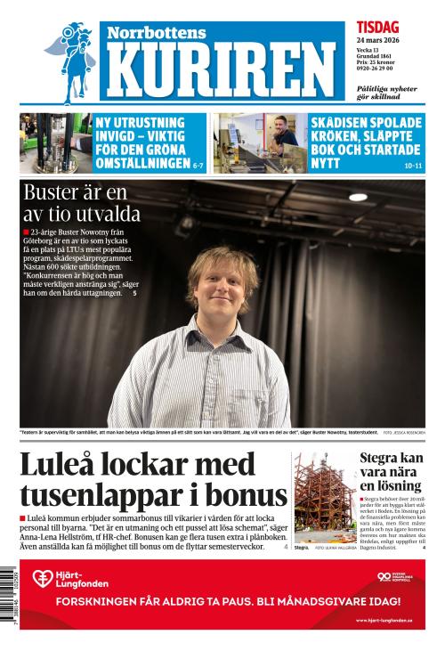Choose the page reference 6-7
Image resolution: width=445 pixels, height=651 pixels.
(x=203, y=166)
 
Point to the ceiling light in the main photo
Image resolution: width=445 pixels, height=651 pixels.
(x=358, y=197)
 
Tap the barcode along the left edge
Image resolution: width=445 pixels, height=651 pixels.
(x=8, y=583)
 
